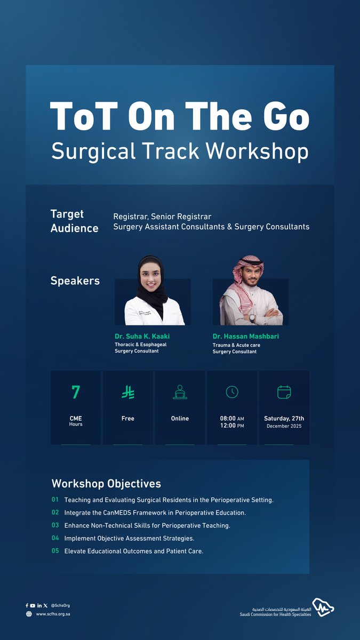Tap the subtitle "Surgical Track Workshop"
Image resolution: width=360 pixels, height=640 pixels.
pos(180,151)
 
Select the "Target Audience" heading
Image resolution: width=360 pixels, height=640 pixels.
pos(74,221)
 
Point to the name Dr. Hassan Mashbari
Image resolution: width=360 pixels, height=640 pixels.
pos(245,337)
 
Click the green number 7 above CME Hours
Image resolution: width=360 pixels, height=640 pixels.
pos(76,393)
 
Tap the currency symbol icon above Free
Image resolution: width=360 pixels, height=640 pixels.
pos(128,393)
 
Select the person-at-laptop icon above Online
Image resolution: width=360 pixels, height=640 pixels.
pos(180,393)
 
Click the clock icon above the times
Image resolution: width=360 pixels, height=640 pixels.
pos(232,392)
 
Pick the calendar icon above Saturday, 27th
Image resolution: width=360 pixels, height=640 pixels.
pos(284,393)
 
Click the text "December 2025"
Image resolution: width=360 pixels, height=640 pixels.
pos(284,427)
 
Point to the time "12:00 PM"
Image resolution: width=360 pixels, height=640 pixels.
pos(232,426)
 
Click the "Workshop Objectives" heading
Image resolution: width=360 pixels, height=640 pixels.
pos(106,484)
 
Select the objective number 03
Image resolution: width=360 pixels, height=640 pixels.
pos(55,525)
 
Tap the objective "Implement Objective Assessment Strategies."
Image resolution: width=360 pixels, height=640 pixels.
pos(129,538)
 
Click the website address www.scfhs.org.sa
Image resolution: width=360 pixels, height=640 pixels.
pos(53,614)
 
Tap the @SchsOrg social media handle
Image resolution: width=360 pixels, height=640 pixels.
pos(61,605)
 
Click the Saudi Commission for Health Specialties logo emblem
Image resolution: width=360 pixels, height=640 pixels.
pos(323,607)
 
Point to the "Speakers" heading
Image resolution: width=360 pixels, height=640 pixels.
pos(75,281)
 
